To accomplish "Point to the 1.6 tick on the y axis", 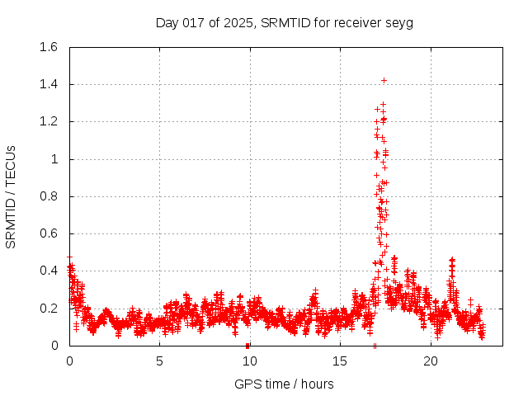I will tap(49, 47).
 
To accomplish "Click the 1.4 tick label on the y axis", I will tap(49, 84).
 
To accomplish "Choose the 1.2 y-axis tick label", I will tap(49, 121).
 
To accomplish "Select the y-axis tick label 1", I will tap(54, 159).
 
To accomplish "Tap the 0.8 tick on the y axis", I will tap(49, 196).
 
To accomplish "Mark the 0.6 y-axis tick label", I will tap(49, 233).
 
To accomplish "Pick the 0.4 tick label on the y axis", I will tap(49, 271).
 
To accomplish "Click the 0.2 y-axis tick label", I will tap(49, 309).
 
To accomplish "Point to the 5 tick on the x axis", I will tap(159, 361).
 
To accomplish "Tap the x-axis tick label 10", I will tap(249, 361).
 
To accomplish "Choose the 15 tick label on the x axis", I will tap(340, 361).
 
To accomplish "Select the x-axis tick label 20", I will tap(430, 361).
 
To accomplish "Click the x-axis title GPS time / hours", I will tap(284, 384).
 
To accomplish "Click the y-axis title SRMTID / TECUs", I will tap(12, 196).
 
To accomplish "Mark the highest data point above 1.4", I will tap(384, 80).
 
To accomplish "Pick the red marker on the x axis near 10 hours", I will tap(247, 345).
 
